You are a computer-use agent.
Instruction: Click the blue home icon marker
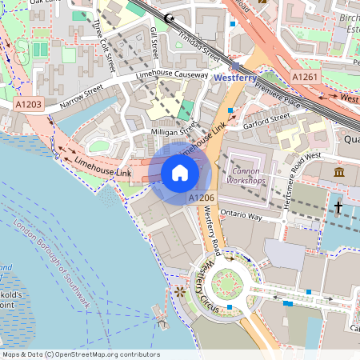click(x=180, y=172)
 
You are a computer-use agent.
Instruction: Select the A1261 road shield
click(x=305, y=77)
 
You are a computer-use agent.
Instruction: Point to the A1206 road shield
click(x=200, y=197)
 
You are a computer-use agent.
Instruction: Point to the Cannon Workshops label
click(x=246, y=176)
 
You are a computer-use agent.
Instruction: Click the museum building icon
click(x=339, y=173)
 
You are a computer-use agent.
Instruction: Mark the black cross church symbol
click(x=338, y=208)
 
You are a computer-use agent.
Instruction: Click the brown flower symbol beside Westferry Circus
click(x=179, y=292)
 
